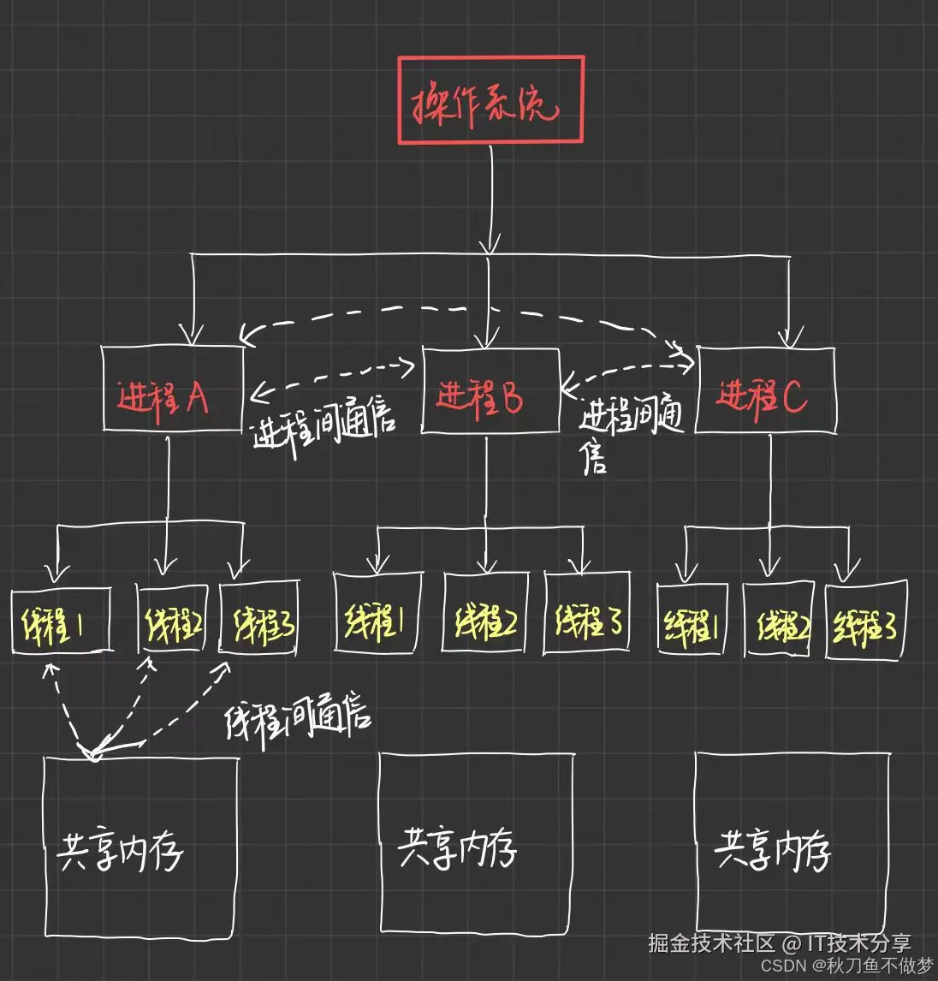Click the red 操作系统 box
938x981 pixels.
point(490,100)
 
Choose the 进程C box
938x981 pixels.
point(765,390)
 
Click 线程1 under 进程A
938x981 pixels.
point(61,620)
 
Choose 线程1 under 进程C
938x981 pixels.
point(692,620)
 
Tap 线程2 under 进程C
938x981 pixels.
point(778,620)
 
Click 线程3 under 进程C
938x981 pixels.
point(866,621)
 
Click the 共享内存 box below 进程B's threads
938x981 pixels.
point(477,843)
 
